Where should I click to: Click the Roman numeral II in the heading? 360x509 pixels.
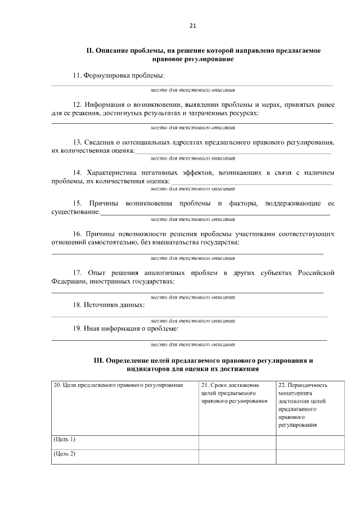coord(89,51)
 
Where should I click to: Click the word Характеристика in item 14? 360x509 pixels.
coord(112,172)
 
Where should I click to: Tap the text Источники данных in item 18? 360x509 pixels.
coord(114,304)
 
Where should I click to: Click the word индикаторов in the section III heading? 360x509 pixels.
coord(148,369)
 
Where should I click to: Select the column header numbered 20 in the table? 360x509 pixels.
coord(118,385)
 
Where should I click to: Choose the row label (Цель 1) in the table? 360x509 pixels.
coord(64,439)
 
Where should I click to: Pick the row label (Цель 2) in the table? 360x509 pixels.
coord(64,453)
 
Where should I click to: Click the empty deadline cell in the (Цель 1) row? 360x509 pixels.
coord(237,442)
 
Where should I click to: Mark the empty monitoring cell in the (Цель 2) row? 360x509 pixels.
coord(309,456)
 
